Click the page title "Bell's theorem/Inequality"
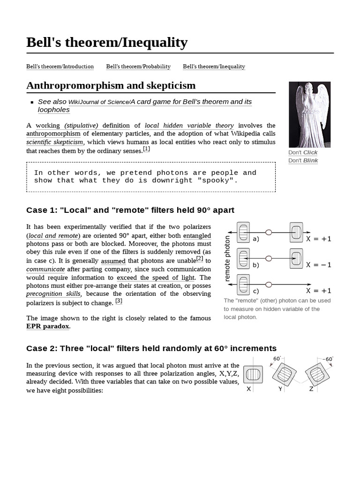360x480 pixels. [x=107, y=43]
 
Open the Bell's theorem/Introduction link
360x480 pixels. [x=60, y=67]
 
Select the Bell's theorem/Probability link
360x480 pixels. [x=138, y=67]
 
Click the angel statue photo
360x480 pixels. [x=303, y=114]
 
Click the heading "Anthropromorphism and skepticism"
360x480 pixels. [x=111, y=85]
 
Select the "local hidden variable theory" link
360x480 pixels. [x=189, y=126]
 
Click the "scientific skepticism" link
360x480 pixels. [x=55, y=142]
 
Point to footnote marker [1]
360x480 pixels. [x=146, y=149]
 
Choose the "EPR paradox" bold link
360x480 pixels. [x=48, y=326]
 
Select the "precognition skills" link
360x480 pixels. [x=53, y=294]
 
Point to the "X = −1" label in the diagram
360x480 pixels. [x=318, y=265]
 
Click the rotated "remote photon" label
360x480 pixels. [x=228, y=259]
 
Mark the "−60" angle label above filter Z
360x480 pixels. [x=328, y=360]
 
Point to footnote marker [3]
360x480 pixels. [x=119, y=301]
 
